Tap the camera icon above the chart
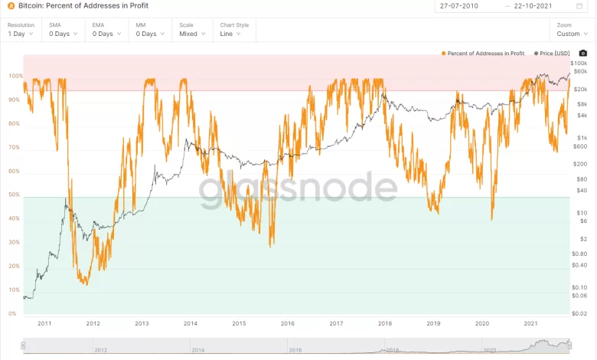point(583,53)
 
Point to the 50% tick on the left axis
point(14,195)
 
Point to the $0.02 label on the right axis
point(579,314)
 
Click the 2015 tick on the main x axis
point(239,324)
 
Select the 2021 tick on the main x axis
point(530,324)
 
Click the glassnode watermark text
point(298,189)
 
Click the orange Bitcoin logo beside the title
point(11,6)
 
